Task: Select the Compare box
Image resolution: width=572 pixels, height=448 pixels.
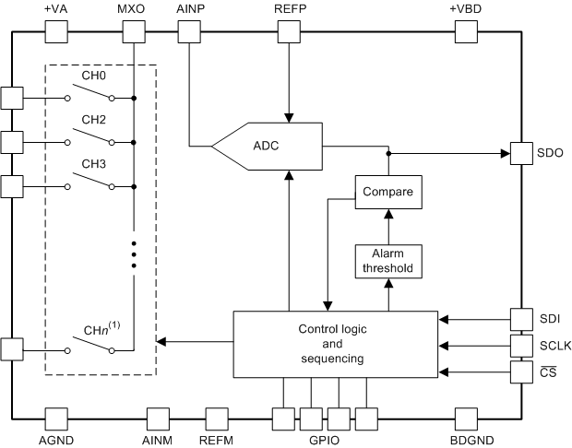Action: click(x=387, y=194)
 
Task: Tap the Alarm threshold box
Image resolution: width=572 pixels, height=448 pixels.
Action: click(x=387, y=261)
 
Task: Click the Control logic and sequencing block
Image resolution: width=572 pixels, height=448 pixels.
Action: click(x=334, y=344)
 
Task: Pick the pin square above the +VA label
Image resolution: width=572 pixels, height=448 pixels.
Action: click(x=56, y=30)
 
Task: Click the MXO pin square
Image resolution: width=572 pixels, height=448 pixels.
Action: click(x=134, y=30)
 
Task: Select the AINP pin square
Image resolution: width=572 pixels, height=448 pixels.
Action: click(x=188, y=30)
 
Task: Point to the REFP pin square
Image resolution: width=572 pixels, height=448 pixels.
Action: click(x=289, y=30)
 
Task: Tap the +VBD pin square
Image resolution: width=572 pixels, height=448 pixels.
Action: click(x=464, y=30)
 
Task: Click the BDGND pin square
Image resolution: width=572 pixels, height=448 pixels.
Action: click(x=464, y=419)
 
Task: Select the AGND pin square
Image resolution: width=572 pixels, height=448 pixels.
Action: click(x=56, y=419)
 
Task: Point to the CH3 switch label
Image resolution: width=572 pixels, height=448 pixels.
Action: click(x=94, y=164)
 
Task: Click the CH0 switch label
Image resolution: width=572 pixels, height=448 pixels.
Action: click(x=94, y=77)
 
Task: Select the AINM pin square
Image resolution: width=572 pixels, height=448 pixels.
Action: click(x=158, y=419)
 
